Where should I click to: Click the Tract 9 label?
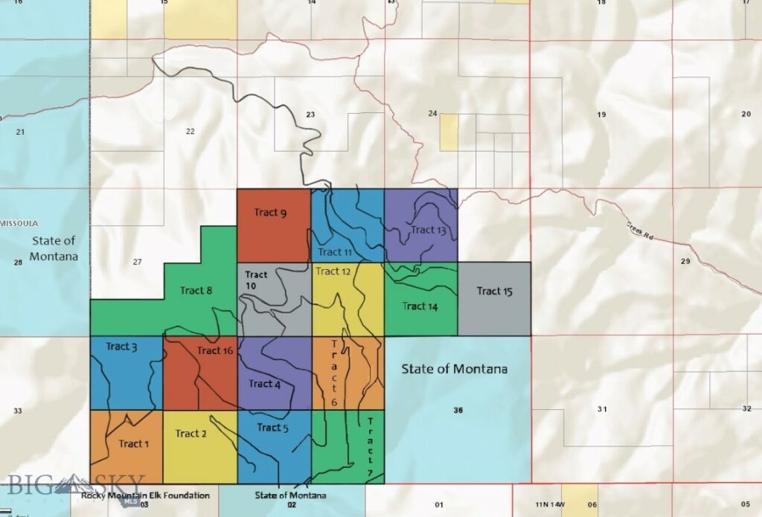point(270,213)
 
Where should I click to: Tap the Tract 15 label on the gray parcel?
point(494,291)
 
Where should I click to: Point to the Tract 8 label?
point(196,290)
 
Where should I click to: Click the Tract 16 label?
point(216,350)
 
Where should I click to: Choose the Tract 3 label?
point(121,347)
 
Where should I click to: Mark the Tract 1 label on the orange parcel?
point(134,443)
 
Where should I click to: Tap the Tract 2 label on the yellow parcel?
point(191,433)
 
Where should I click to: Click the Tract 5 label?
point(272,428)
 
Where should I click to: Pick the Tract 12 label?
point(333,272)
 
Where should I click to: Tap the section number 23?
point(310,115)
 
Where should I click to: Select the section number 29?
point(685,261)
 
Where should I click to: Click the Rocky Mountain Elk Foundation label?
point(145,495)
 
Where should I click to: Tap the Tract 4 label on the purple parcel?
point(264,384)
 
